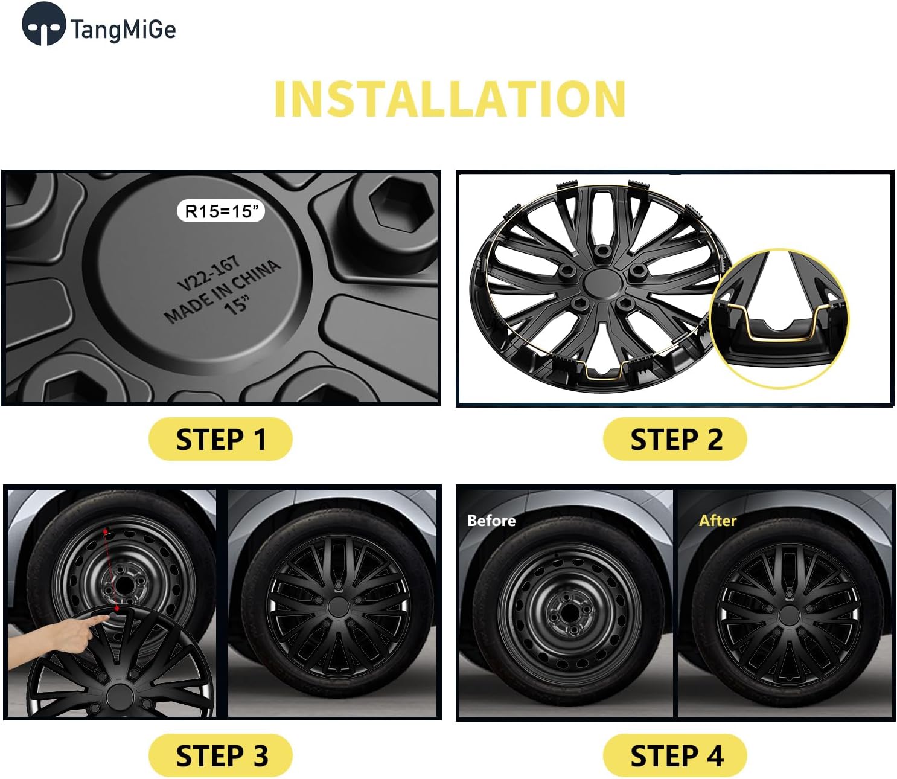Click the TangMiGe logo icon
pos(43,24)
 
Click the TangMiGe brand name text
pos(123,29)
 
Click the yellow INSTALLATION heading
pos(450,99)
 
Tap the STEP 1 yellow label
pos(220,439)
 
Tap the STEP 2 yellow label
pos(675,439)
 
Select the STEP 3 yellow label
pos(220,755)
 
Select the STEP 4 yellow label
pos(675,755)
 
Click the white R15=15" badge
pos(221,211)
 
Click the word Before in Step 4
pos(491,521)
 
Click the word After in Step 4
pos(717,521)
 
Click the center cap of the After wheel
pos(788,616)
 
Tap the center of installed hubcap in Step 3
pos(337,607)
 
